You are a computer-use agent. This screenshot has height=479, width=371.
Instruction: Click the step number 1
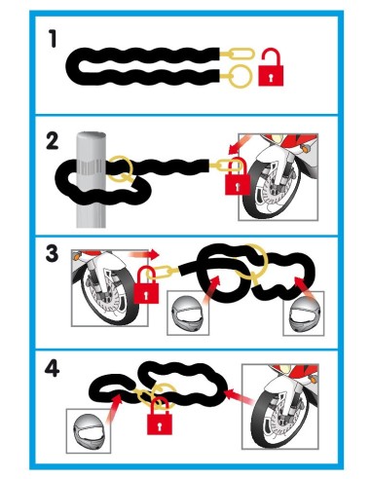pos(53,39)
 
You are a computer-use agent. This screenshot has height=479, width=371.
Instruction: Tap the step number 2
pos(53,142)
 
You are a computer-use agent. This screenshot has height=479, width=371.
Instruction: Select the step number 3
pos(52,253)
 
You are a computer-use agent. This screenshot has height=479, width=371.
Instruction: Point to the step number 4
pos(53,369)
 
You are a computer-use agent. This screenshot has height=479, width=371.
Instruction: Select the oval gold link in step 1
pos(241,54)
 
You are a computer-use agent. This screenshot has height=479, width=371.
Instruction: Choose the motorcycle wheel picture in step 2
pos(278,177)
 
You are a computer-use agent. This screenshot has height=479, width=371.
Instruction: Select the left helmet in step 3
pos(188,313)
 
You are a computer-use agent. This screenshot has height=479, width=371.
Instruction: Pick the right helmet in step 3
pos(303,313)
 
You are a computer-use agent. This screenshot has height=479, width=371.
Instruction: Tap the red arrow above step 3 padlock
pos(144,254)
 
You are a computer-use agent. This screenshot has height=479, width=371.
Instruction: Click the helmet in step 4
pos(89,431)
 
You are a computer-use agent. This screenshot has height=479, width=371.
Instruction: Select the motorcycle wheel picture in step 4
pos(280,407)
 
